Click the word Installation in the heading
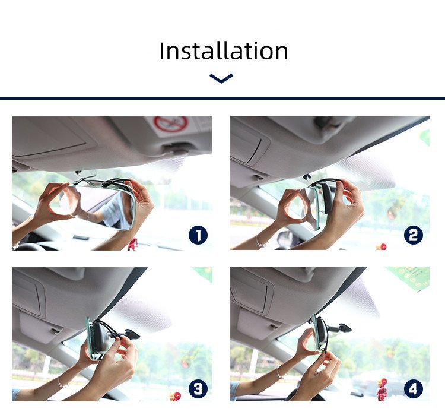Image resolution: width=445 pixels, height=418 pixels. click(x=224, y=50)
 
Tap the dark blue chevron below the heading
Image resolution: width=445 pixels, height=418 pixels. click(x=221, y=78)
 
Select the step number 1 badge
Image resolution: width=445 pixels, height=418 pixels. click(x=198, y=235)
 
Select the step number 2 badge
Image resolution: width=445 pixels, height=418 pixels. click(x=414, y=235)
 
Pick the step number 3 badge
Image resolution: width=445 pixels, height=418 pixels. click(x=198, y=389)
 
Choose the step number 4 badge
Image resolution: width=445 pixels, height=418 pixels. click(x=414, y=389)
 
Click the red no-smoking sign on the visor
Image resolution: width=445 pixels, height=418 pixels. click(x=171, y=124)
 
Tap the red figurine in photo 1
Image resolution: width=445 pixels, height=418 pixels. click(x=133, y=244)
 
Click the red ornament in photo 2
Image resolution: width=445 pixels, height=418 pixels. click(x=382, y=246)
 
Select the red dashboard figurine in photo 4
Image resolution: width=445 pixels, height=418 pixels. click(x=382, y=389)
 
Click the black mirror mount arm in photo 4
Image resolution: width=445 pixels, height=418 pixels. click(x=340, y=328)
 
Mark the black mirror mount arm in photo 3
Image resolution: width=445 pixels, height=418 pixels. click(x=129, y=334)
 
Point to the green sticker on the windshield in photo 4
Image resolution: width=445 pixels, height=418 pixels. click(x=409, y=278)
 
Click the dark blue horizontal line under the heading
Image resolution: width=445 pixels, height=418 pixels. click(x=223, y=99)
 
